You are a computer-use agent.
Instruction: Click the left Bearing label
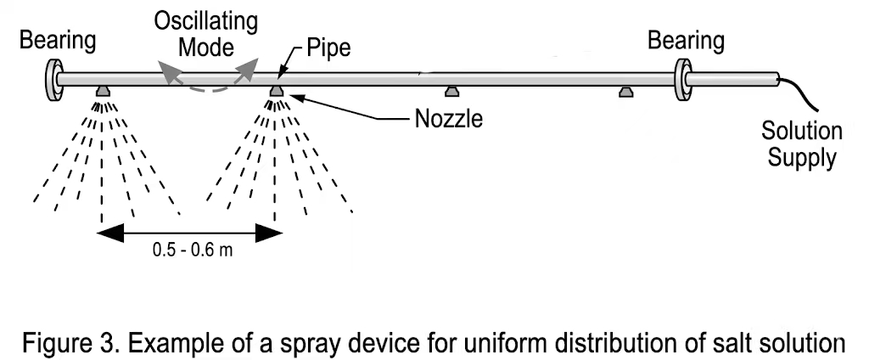coord(59,39)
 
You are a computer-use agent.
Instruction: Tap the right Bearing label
coord(686,40)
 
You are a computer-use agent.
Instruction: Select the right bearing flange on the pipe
coord(682,79)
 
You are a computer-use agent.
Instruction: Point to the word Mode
coord(205,45)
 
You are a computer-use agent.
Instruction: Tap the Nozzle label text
coord(448,118)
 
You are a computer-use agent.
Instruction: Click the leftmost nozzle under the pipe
coord(102,90)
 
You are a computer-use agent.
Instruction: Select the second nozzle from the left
coord(277,90)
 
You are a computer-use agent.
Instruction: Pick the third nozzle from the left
coord(451,90)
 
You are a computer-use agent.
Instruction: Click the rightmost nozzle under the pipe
coord(626,90)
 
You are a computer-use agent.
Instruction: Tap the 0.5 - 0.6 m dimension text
coord(190,250)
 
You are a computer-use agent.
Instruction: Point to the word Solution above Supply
coord(801,132)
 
